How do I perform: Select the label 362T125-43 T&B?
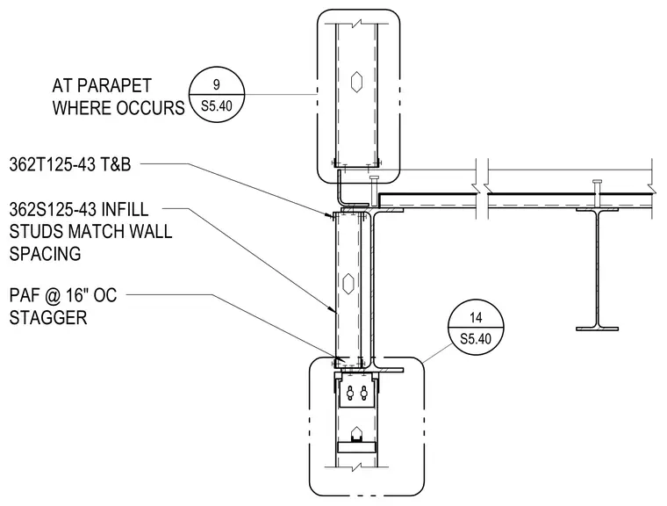pyautogui.click(x=70, y=164)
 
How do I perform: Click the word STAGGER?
pyautogui.click(x=48, y=318)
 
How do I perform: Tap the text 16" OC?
pyautogui.click(x=90, y=295)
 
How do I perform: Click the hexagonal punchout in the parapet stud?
pyautogui.click(x=356, y=82)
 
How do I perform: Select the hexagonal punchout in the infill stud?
pyautogui.click(x=348, y=283)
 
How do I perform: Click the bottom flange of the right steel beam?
pyautogui.click(x=598, y=329)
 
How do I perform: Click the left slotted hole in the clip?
pyautogui.click(x=350, y=394)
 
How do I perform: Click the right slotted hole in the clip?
pyautogui.click(x=363, y=394)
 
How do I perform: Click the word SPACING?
pyautogui.click(x=45, y=254)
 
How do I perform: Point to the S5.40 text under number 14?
pyautogui.click(x=476, y=339)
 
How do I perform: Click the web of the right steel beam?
pyautogui.click(x=598, y=269)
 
